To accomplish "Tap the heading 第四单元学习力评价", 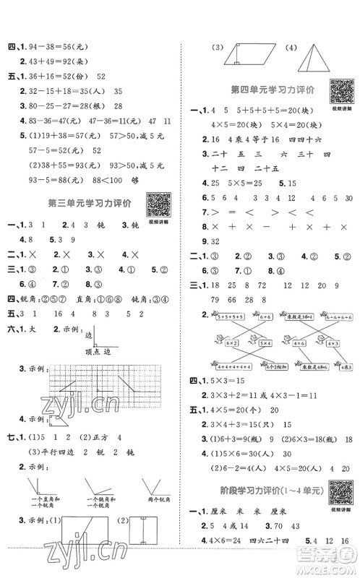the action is click(x=271, y=90).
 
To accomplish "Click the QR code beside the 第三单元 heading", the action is click(x=157, y=204).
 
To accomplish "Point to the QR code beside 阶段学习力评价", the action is click(x=339, y=491).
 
